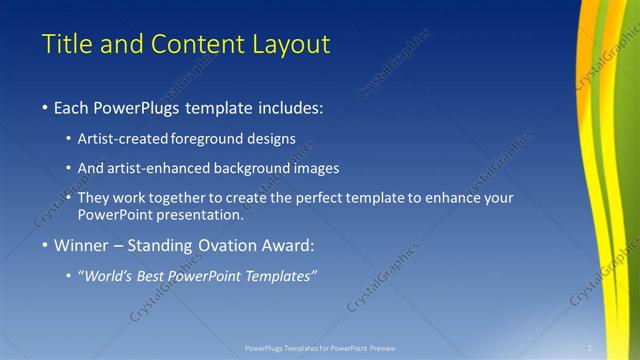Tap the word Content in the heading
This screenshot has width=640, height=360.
pyautogui.click(x=191, y=44)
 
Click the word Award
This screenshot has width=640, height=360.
pyautogui.click(x=289, y=245)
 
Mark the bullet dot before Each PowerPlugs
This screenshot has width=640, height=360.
pyautogui.click(x=46, y=108)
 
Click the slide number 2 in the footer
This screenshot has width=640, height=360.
pyautogui.click(x=590, y=348)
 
